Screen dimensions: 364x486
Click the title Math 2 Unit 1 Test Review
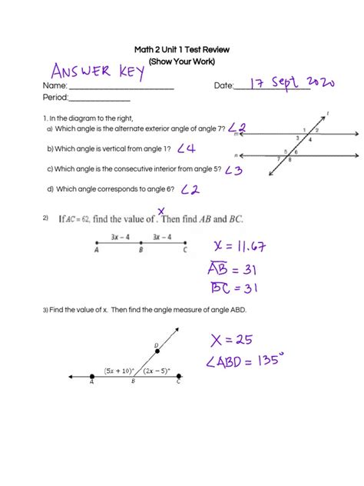[182, 49]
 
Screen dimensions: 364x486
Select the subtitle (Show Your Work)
[182, 61]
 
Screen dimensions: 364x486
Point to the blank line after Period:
[100, 99]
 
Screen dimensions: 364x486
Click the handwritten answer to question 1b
[186, 148]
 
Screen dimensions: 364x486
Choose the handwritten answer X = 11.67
[241, 246]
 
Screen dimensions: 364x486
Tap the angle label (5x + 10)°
[120, 371]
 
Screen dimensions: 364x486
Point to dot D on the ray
[157, 351]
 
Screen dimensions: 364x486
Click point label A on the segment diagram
[96, 249]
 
